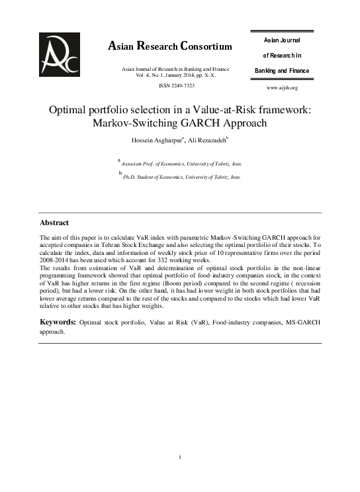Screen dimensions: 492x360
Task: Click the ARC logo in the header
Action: click(x=60, y=54)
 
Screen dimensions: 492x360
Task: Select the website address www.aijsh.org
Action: click(x=282, y=87)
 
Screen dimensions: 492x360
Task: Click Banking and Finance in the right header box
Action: click(x=282, y=70)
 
